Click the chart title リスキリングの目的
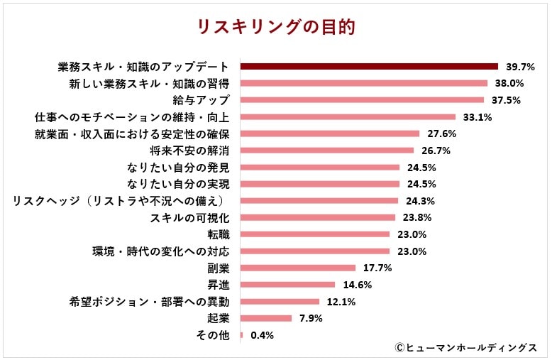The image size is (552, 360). pos(275,28)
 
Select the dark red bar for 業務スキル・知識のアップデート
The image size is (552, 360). pos(369,66)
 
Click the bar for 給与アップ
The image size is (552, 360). pos(362,99)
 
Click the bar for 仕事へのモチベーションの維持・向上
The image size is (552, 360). pos(348,116)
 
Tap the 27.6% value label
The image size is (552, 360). pos(441,133)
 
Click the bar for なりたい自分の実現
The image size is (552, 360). pos(320,184)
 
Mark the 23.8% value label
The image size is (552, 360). pos(417,218)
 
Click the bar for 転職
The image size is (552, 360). pos(315,234)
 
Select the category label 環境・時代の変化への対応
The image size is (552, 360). pos(161,251)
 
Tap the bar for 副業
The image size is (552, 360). pos(298,268)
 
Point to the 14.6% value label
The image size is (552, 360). pos(357,285)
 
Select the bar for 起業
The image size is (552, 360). pos(266,318)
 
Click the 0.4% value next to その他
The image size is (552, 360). pos(262,335)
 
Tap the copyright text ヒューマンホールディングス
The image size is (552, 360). pos(467,347)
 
